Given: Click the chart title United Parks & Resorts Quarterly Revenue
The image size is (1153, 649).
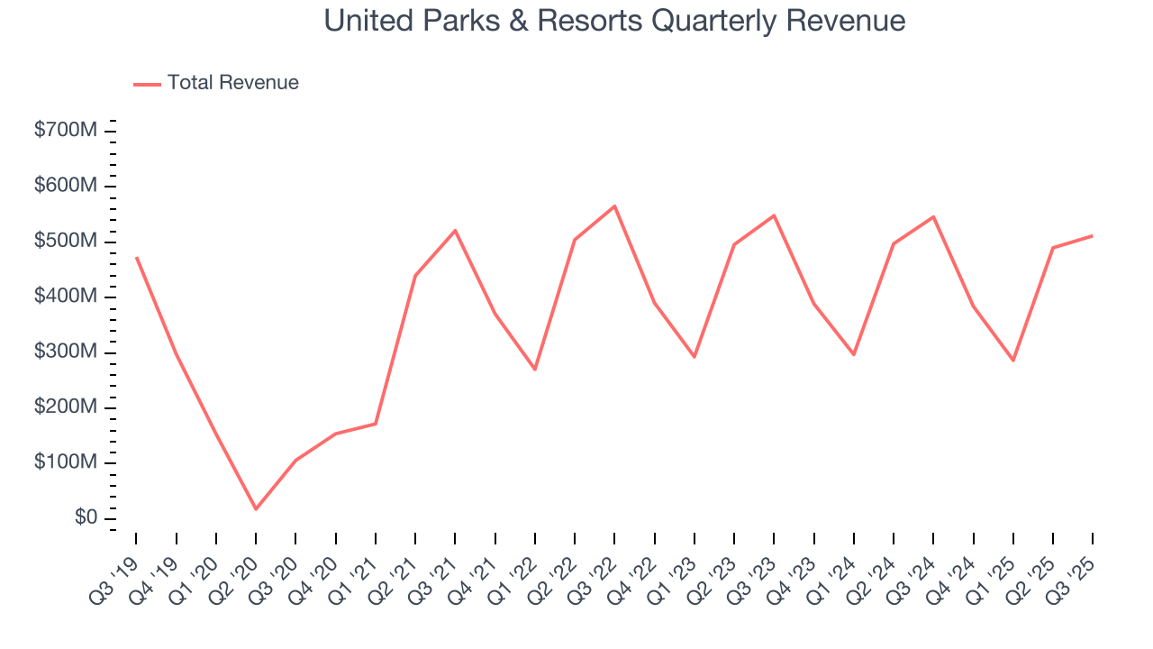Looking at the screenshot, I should click(x=614, y=21).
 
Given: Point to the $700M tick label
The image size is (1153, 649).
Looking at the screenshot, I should click(x=65, y=131).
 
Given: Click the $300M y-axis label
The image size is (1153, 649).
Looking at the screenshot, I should click(x=65, y=352).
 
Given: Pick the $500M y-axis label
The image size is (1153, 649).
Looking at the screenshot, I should click(x=65, y=242).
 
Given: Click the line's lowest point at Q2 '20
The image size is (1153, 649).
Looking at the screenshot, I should click(x=256, y=509).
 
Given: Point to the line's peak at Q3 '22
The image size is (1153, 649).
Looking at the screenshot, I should click(x=614, y=206).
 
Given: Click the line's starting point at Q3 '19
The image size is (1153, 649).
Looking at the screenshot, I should click(x=136, y=258).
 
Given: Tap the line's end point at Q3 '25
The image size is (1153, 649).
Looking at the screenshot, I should click(x=1093, y=235).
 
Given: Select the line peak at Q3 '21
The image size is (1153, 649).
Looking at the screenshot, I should click(x=455, y=230).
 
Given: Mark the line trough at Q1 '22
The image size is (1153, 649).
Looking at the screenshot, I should click(x=535, y=370).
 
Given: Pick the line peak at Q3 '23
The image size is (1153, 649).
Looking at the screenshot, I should click(x=774, y=215).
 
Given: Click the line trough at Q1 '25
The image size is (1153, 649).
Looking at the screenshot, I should click(x=1013, y=361).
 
